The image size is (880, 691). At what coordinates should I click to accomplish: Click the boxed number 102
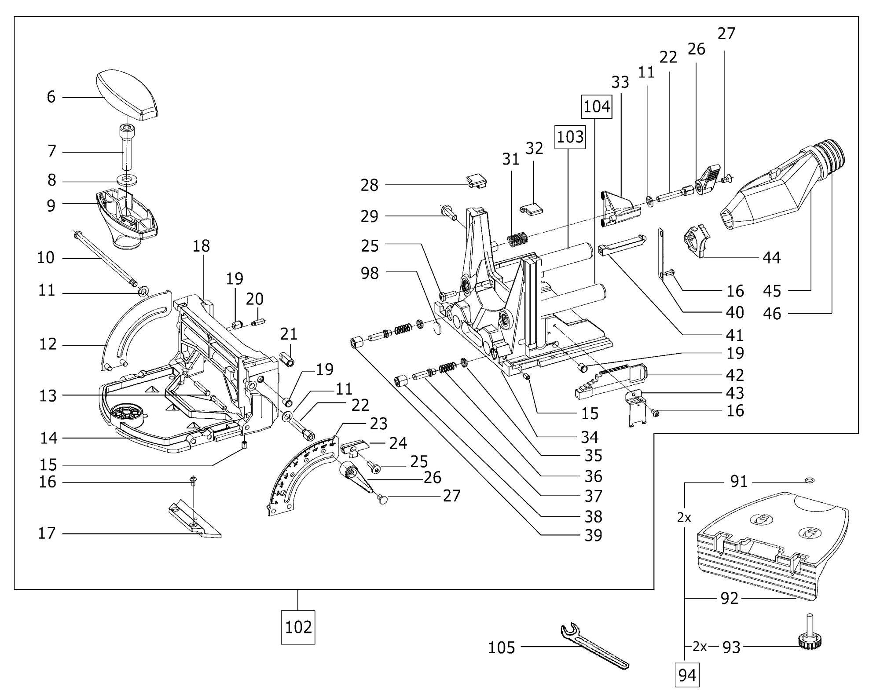click(298, 627)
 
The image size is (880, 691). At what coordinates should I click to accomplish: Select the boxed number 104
click(597, 106)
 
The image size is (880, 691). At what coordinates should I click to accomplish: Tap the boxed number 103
click(570, 137)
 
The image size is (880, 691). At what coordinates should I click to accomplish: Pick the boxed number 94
click(687, 675)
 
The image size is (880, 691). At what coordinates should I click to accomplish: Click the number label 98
click(369, 273)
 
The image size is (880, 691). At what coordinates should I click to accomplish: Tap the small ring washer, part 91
click(809, 480)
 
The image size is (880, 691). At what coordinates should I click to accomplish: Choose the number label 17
click(47, 533)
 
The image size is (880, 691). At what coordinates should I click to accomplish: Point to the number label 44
click(771, 257)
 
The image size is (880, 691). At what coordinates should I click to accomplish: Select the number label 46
click(772, 314)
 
